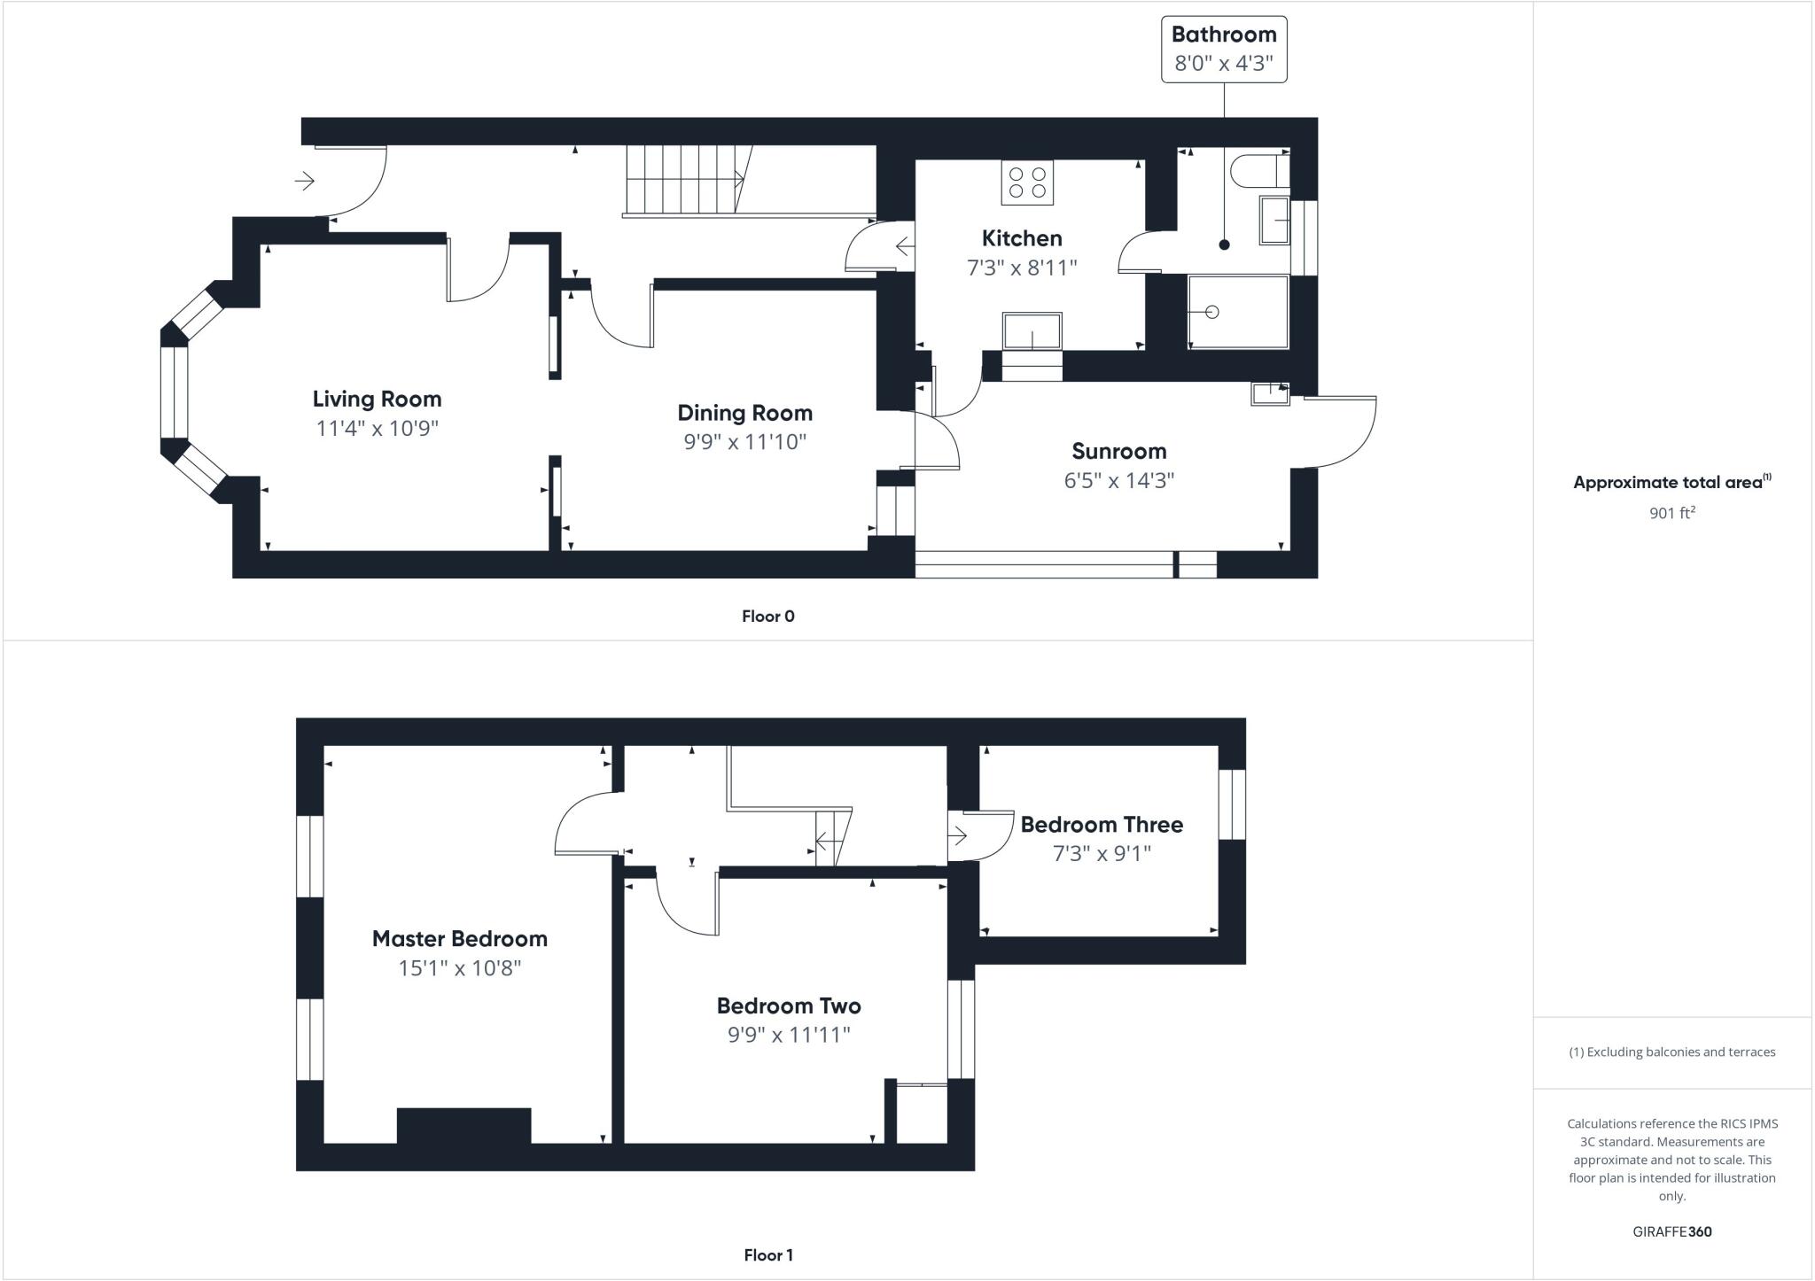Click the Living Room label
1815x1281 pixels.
coord(377,399)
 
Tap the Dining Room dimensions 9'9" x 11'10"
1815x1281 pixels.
coord(744,441)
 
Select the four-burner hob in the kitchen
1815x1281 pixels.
coord(1027,182)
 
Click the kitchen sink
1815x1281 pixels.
coord(1032,331)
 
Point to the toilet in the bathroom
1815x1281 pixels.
coord(1258,171)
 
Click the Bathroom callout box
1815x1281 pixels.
coord(1224,50)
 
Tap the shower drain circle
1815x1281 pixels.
coord(1212,312)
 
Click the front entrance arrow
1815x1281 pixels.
coord(305,182)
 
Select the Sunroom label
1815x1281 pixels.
coord(1118,451)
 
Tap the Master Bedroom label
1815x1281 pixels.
coord(459,938)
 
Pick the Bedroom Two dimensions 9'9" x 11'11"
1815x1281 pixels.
coord(789,1034)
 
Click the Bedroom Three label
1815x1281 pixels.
coord(1102,825)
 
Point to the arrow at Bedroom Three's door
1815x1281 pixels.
coord(958,835)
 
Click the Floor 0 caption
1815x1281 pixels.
coord(768,617)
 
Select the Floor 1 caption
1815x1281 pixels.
coord(768,1255)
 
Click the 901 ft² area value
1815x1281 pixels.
coord(1671,512)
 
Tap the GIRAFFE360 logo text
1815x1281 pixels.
coord(1671,1231)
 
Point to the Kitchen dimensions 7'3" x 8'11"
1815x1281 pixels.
coord(1022,267)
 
